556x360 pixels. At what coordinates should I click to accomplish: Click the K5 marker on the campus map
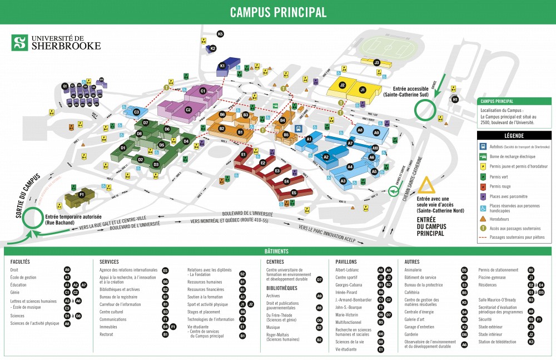click(x=220, y=34)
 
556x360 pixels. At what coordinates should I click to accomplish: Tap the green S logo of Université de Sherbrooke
click(x=20, y=42)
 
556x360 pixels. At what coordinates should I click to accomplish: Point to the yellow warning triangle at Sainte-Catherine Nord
click(x=427, y=186)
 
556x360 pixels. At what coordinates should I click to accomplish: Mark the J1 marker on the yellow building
click(x=362, y=89)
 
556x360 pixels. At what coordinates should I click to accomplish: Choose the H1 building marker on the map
click(x=455, y=100)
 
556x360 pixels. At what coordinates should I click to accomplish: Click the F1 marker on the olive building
click(x=81, y=195)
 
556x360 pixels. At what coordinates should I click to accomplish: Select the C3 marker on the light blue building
click(x=137, y=112)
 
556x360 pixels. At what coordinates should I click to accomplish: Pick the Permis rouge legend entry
click(x=500, y=186)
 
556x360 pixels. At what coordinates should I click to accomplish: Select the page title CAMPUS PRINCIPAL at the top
click(x=278, y=12)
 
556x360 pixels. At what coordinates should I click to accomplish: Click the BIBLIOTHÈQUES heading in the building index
click(x=286, y=288)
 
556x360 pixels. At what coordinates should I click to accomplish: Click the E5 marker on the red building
click(x=294, y=193)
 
